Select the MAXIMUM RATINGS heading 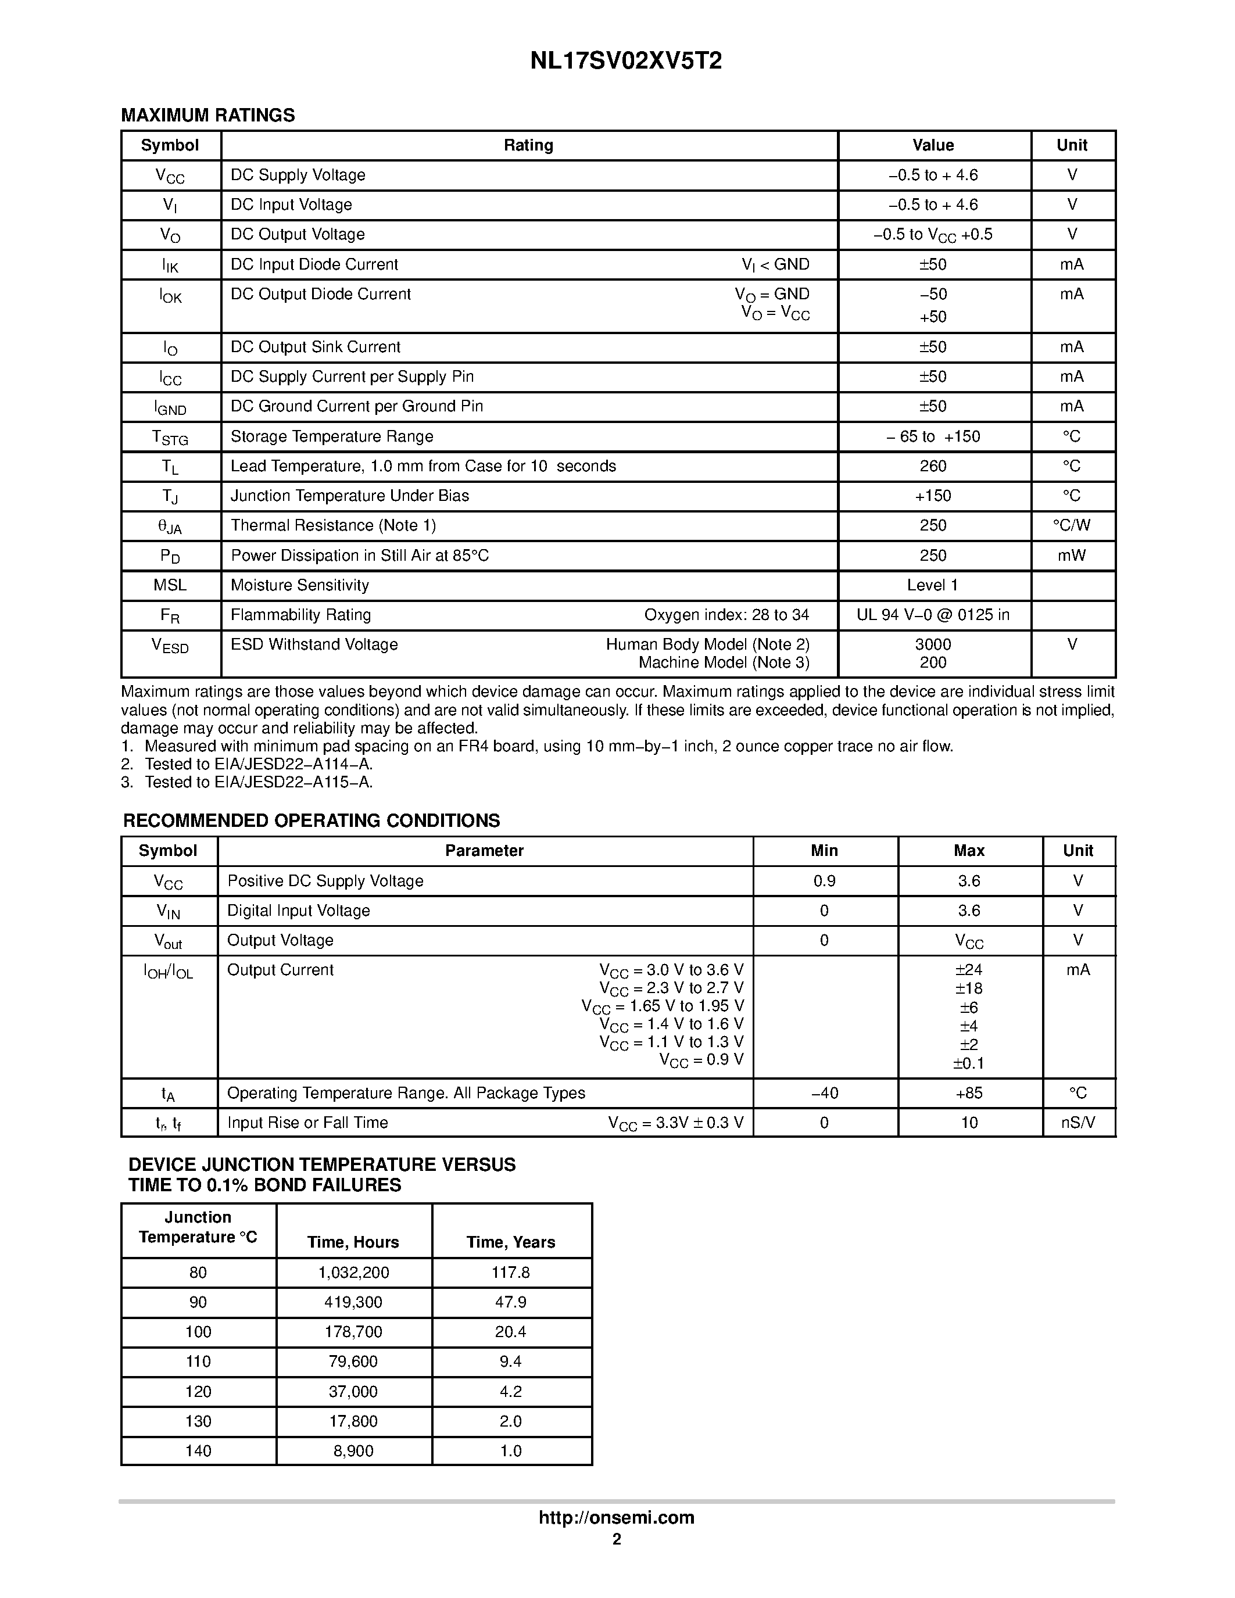[208, 116]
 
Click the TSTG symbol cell [170, 438]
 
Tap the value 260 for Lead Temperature [933, 466]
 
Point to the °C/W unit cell [1071, 525]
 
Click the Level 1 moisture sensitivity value [932, 585]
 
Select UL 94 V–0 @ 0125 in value [933, 615]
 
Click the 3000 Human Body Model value [933, 644]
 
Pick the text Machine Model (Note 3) [724, 663]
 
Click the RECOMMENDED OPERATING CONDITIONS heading [312, 821]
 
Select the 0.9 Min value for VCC [824, 881]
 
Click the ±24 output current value [969, 970]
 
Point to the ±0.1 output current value [969, 1063]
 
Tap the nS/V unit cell [1078, 1123]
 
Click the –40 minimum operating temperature [824, 1093]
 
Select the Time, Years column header [511, 1242]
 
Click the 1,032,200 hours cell [353, 1273]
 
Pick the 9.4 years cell [511, 1361]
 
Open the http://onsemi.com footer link [617, 1517]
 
